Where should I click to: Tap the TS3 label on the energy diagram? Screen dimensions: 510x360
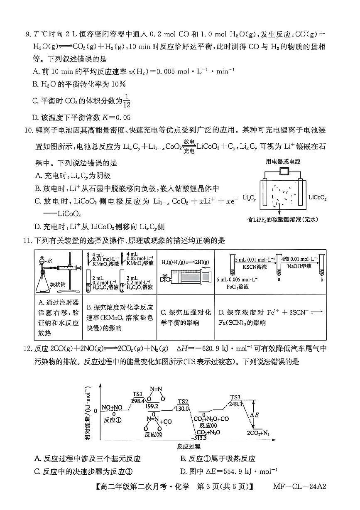tap(236, 397)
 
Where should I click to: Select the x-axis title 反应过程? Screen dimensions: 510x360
tap(189, 446)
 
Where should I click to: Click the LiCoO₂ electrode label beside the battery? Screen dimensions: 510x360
tap(318, 198)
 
